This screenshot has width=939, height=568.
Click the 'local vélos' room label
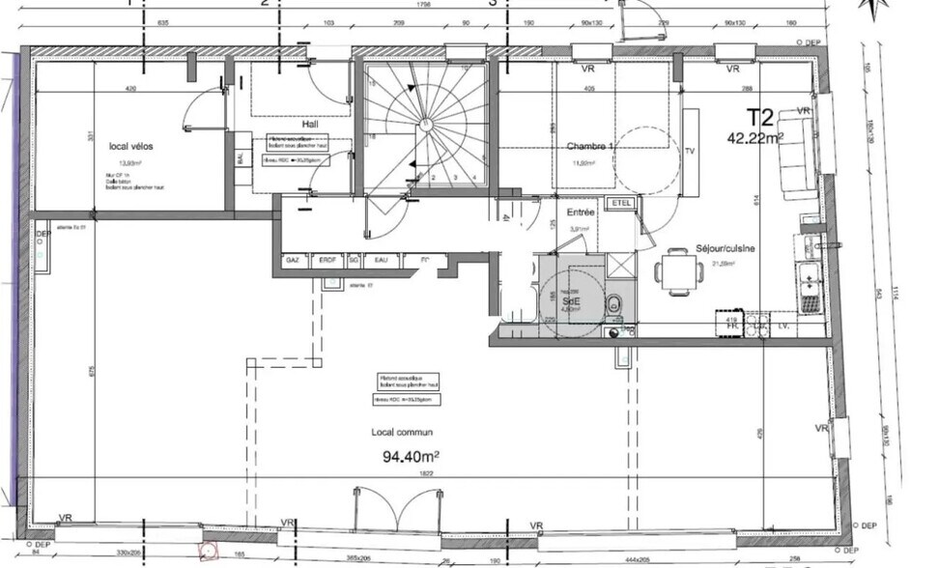pyautogui.click(x=130, y=147)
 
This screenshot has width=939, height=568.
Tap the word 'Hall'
pyautogui.click(x=282, y=125)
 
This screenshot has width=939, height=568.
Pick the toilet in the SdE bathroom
pyautogui.click(x=614, y=302)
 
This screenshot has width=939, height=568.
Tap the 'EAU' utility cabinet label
pyautogui.click(x=382, y=261)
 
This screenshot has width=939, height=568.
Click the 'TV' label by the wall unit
pyautogui.click(x=690, y=151)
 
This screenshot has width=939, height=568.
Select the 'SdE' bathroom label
pyautogui.click(x=571, y=300)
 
